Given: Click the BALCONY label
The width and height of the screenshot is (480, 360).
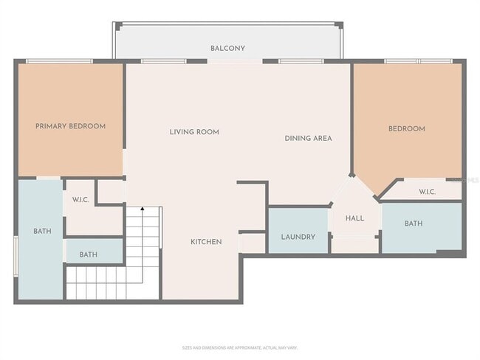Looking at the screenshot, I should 227,49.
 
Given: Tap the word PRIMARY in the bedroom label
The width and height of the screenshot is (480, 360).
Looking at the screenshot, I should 51,126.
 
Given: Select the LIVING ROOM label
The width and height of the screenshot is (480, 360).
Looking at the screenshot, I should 194,132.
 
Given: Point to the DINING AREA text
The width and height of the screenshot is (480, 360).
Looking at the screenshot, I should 308,138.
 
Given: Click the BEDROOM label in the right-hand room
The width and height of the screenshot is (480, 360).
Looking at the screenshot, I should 407,128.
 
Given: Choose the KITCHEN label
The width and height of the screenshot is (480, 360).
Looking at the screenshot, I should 206,241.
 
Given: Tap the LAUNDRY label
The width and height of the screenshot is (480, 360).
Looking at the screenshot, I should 298,237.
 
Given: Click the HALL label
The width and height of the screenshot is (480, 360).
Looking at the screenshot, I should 354,218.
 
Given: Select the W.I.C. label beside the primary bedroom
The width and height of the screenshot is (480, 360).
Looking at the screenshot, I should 80,200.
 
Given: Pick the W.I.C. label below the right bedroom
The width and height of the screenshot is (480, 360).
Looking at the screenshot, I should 428,192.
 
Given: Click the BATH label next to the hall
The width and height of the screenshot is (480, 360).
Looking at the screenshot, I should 414,223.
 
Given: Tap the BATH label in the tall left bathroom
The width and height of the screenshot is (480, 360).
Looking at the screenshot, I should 42,231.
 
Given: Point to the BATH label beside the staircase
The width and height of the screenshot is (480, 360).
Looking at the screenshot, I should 89,255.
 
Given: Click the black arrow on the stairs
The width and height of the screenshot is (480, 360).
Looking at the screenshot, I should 143,210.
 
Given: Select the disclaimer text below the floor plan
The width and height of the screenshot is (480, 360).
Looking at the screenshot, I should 239,347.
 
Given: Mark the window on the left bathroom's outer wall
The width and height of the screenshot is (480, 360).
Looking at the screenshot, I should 16,257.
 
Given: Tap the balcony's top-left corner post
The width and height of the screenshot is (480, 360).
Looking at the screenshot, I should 114,24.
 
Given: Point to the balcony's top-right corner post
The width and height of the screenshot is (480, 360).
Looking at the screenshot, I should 340,24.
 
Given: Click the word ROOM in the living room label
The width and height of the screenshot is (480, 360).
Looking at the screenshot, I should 208,132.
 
